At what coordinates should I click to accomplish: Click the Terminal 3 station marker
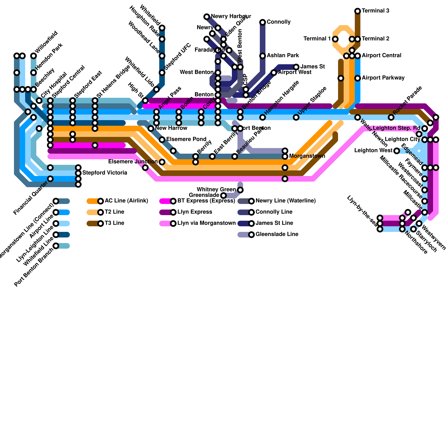pos(358,11)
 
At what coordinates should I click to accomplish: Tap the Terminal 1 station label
pos(317,39)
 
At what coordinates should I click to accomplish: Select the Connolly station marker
pos(263,22)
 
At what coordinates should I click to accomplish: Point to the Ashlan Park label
pos(283,56)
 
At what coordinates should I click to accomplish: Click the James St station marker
pos(296,67)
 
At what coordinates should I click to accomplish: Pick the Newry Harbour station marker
pos(207,17)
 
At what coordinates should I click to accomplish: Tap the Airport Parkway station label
pos(383,78)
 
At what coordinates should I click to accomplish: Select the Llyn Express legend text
pos(195,212)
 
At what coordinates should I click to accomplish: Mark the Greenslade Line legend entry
pos(277,234)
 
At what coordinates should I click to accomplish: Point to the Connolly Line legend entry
pos(274,212)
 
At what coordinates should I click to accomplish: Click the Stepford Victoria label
pos(105,173)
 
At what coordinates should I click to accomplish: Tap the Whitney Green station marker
pos(240,190)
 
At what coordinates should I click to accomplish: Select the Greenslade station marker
pos(223,195)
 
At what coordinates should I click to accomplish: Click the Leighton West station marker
pos(397,151)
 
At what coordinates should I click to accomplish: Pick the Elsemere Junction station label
pos(133,162)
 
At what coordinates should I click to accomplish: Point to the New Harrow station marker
pos(151,129)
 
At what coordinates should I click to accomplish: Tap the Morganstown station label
pos(307,156)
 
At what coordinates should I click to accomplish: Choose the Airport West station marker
pos(274,73)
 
